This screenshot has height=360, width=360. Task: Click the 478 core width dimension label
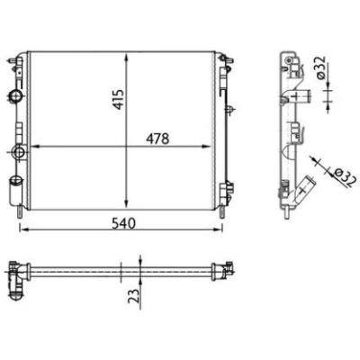[157, 139]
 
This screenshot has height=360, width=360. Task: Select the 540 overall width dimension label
[123, 223]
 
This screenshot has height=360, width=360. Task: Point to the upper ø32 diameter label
[321, 67]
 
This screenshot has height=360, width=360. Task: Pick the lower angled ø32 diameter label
[345, 177]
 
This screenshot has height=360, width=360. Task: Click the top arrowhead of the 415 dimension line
[127, 57]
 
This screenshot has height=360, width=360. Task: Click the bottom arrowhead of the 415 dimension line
[127, 204]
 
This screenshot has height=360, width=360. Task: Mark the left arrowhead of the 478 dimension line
[36, 147]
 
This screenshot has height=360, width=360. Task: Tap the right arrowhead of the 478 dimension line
[206, 147]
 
